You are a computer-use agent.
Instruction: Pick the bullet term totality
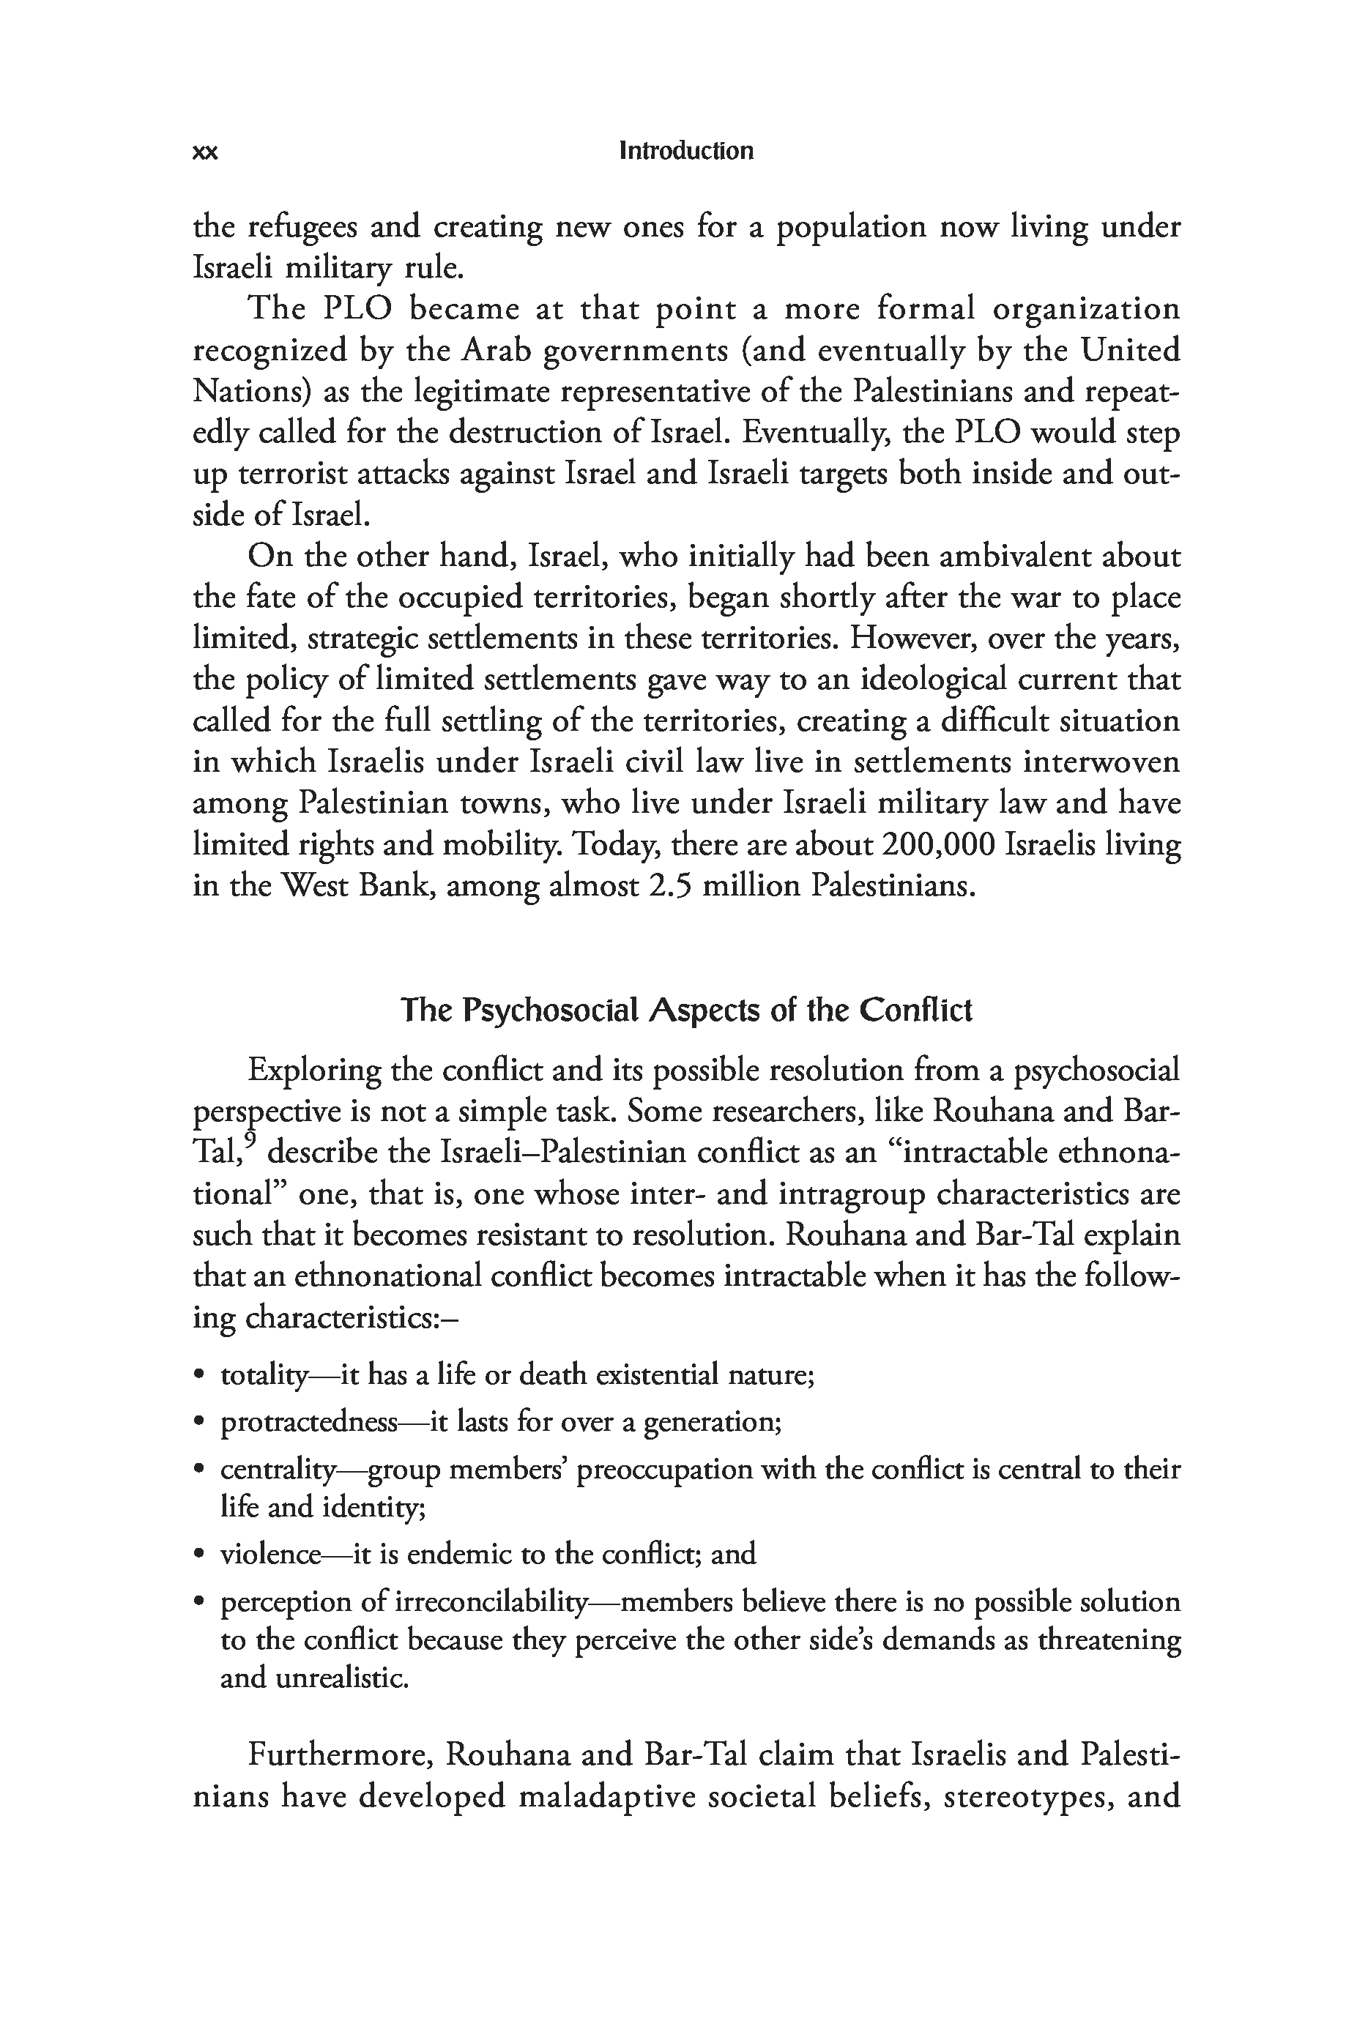coord(263,1376)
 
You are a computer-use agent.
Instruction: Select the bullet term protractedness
coord(309,1423)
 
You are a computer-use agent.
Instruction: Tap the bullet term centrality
coord(278,1470)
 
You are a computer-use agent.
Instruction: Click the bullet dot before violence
coord(199,1554)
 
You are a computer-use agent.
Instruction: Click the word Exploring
coord(313,1070)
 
